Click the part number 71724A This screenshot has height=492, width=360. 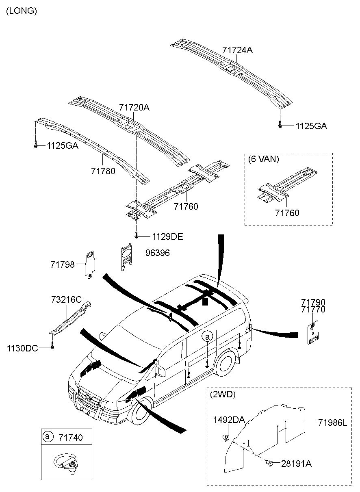click(237, 50)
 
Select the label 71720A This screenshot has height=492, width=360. click(134, 108)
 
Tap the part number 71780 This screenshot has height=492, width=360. click(103, 171)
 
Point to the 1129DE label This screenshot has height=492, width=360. click(167, 236)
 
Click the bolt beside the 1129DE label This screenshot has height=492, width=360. click(137, 235)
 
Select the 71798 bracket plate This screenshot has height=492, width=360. click(90, 264)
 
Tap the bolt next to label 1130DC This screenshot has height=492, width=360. click(52, 346)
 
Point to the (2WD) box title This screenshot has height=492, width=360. click(223, 394)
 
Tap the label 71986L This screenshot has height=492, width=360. click(333, 423)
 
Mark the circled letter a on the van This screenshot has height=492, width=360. click(207, 336)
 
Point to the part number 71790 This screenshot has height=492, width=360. click(313, 302)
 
